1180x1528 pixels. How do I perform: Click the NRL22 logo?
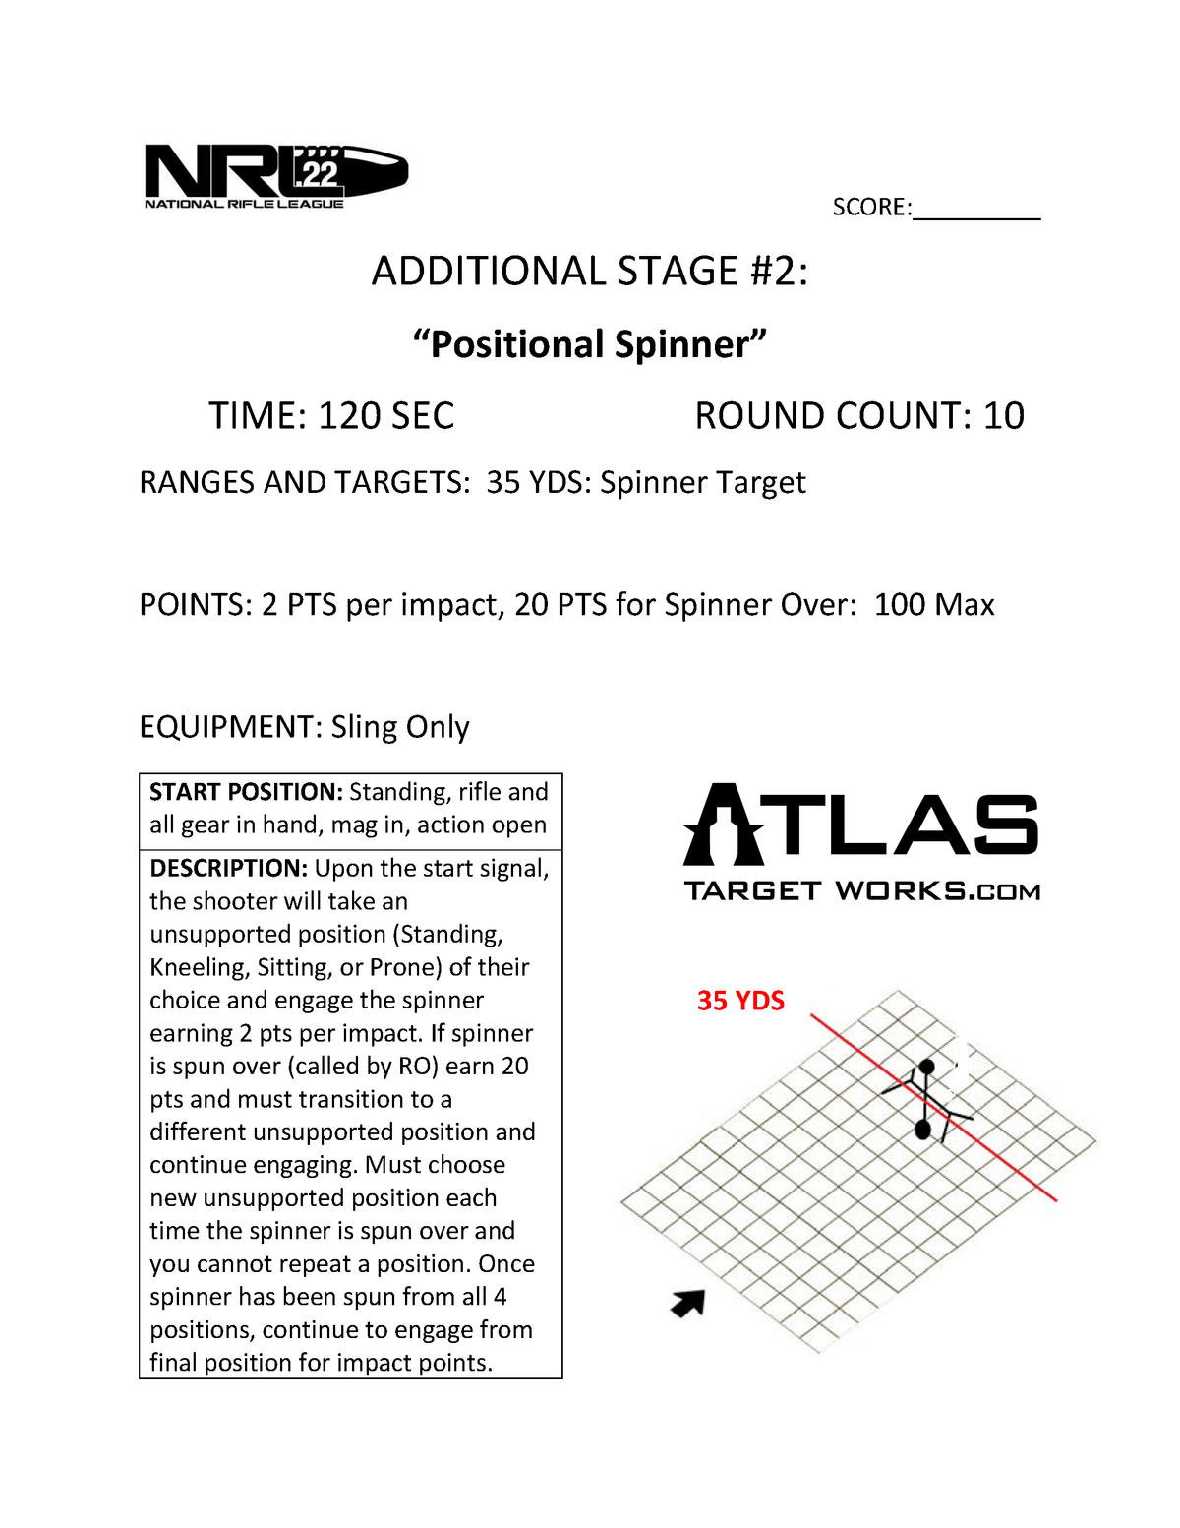(275, 176)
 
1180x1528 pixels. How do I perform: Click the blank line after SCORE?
(975, 210)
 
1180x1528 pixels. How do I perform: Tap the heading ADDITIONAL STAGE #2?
(590, 272)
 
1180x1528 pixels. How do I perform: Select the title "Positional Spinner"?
(589, 344)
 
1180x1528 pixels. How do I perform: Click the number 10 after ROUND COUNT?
(1003, 416)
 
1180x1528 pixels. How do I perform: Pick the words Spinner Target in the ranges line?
(702, 483)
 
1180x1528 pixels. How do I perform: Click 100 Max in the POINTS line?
(933, 605)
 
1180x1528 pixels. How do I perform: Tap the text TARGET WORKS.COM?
(861, 891)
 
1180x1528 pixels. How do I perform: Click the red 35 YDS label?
(740, 1001)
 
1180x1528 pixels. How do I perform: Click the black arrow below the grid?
(688, 1303)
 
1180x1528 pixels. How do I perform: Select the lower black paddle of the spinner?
(922, 1130)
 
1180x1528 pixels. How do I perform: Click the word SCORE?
(870, 208)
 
